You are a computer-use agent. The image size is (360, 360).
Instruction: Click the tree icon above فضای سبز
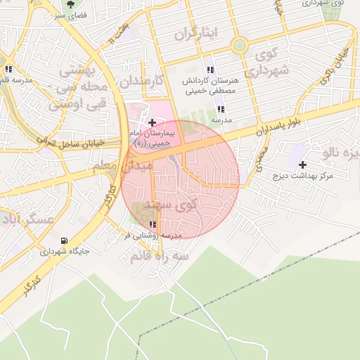click(70, 4)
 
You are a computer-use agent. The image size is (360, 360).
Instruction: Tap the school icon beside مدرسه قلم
click(8, 70)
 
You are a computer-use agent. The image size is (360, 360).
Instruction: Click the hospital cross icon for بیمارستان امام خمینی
click(152, 123)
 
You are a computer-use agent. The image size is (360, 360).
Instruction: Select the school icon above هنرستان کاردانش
click(210, 70)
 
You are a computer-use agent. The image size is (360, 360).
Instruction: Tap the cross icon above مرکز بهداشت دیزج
click(302, 165)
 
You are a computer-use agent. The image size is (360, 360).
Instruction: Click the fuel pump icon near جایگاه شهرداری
click(65, 240)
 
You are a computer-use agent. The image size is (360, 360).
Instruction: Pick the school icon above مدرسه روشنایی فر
click(153, 225)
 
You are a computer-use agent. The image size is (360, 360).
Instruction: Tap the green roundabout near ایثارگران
click(240, 45)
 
